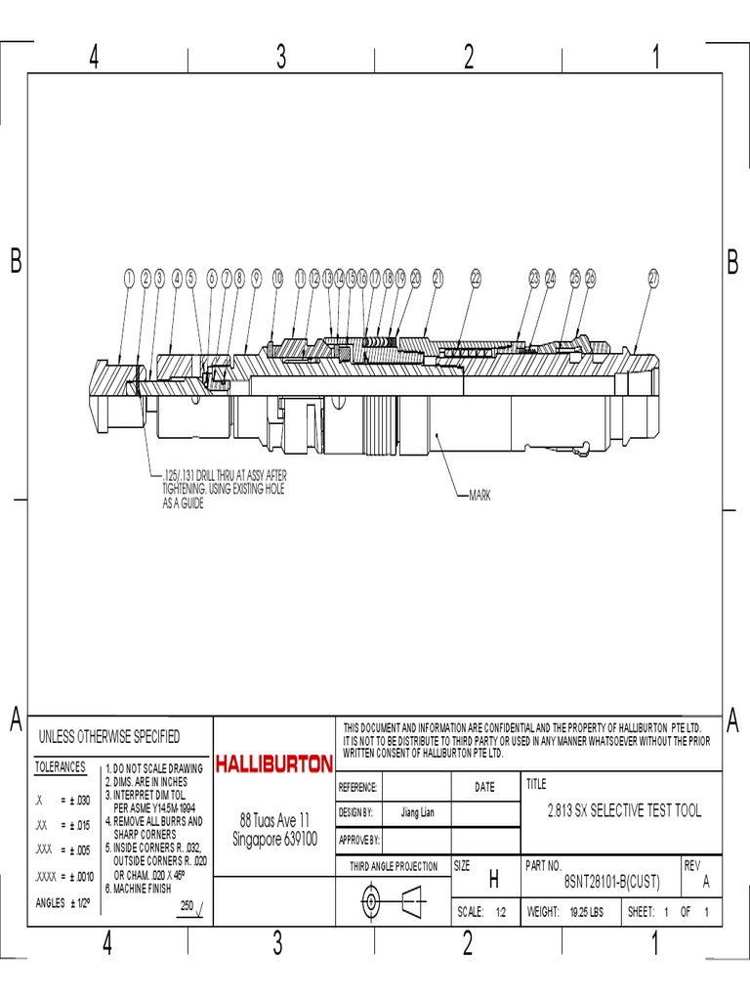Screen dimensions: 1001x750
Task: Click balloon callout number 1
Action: click(x=129, y=279)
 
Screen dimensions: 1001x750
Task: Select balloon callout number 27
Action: click(x=654, y=279)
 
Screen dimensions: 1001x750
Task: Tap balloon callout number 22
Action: click(x=477, y=279)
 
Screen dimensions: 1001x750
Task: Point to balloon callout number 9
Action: click(x=256, y=279)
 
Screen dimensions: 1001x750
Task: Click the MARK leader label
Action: click(x=479, y=496)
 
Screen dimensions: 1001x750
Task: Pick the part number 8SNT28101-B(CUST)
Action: click(x=612, y=882)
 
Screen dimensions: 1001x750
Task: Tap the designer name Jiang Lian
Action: click(x=418, y=812)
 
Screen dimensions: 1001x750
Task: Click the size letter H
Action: click(x=493, y=881)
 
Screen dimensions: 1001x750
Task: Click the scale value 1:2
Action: click(x=501, y=912)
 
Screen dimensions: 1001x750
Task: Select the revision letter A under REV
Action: click(x=706, y=882)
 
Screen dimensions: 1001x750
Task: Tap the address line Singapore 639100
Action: click(x=275, y=839)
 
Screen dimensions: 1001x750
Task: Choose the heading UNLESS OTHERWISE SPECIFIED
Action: click(x=108, y=736)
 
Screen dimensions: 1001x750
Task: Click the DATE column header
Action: click(x=484, y=787)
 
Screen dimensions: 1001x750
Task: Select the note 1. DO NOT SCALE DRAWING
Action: click(x=154, y=769)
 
